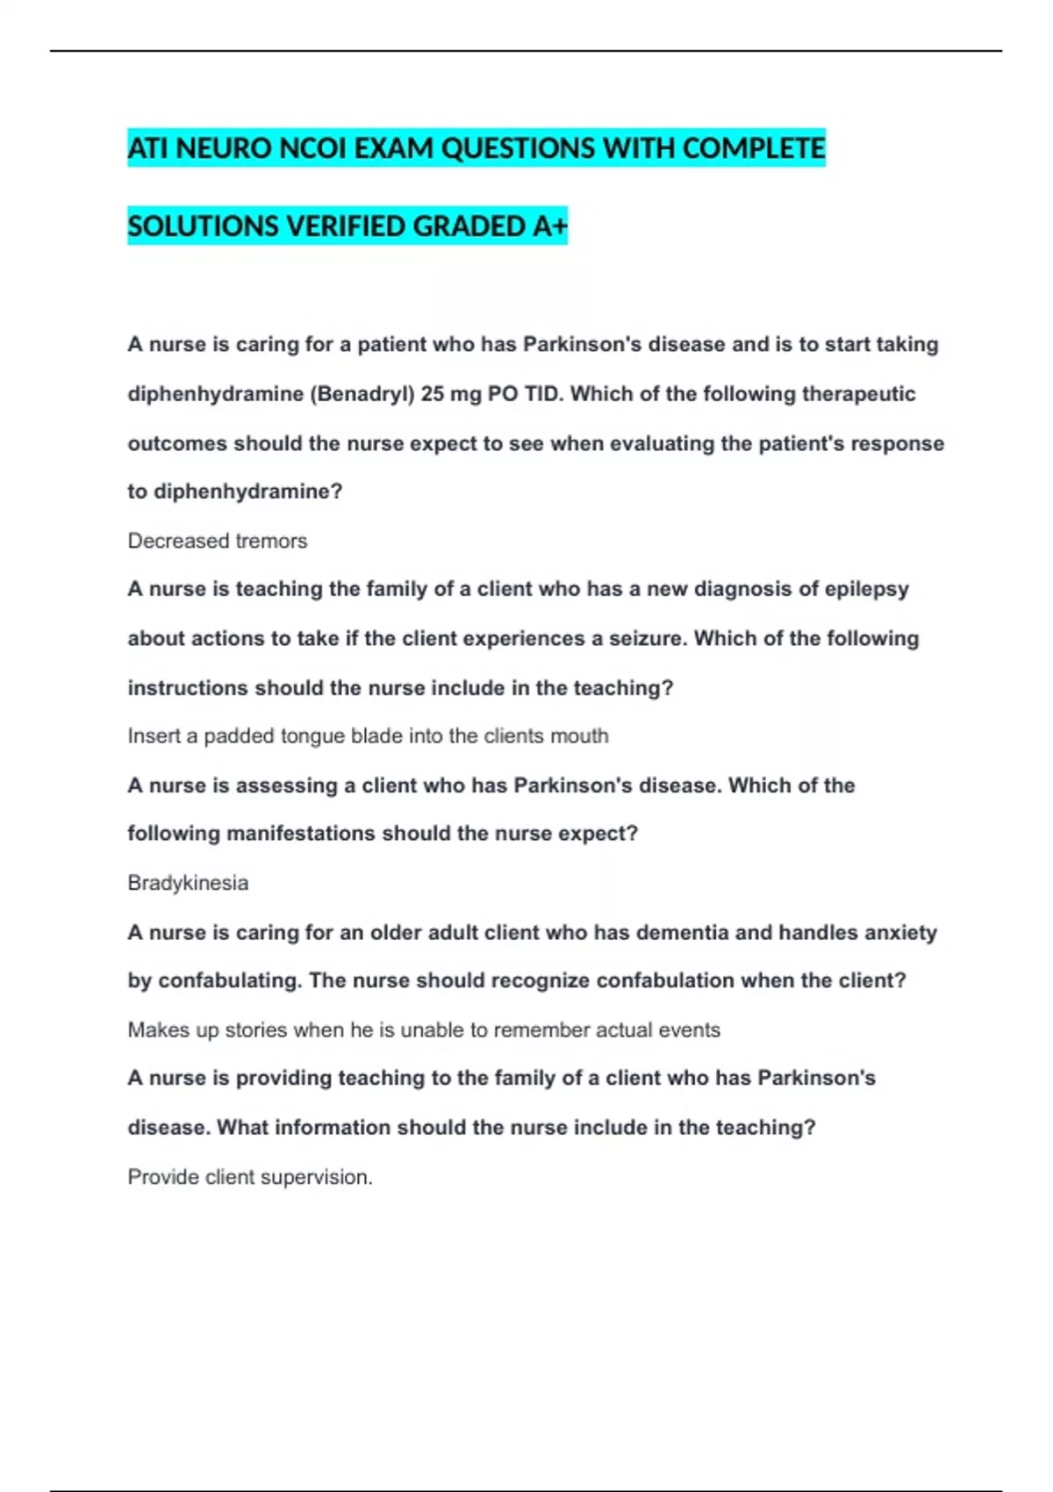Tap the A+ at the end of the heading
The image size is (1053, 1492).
click(550, 226)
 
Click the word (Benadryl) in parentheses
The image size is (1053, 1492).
click(362, 394)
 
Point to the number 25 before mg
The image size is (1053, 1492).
click(432, 394)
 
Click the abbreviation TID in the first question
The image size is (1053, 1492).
click(542, 394)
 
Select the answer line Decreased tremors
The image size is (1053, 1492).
click(218, 541)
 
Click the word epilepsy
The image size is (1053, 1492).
click(867, 589)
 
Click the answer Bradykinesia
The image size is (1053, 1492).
click(188, 883)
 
